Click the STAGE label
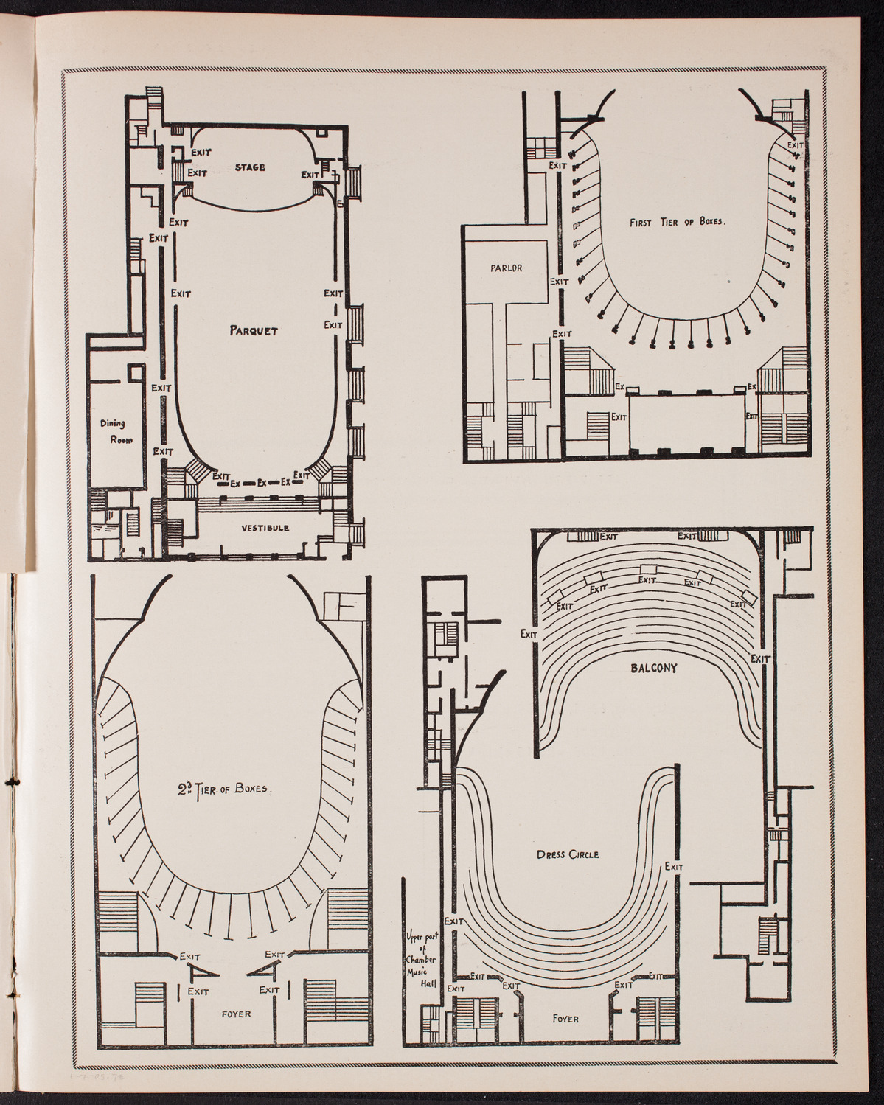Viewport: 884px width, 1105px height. point(251,167)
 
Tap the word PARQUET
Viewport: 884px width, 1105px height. point(253,331)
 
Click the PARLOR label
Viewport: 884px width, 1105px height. point(507,268)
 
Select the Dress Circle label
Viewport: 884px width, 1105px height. point(568,854)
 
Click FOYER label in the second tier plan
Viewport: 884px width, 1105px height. point(236,1014)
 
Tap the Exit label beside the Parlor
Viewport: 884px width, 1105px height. point(560,281)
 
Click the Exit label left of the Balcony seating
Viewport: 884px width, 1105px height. point(528,633)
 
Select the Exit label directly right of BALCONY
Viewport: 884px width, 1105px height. point(759,658)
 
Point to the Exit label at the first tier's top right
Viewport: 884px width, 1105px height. point(795,146)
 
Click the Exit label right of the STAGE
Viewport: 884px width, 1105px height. point(310,175)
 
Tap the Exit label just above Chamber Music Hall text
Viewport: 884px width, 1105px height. point(453,921)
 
